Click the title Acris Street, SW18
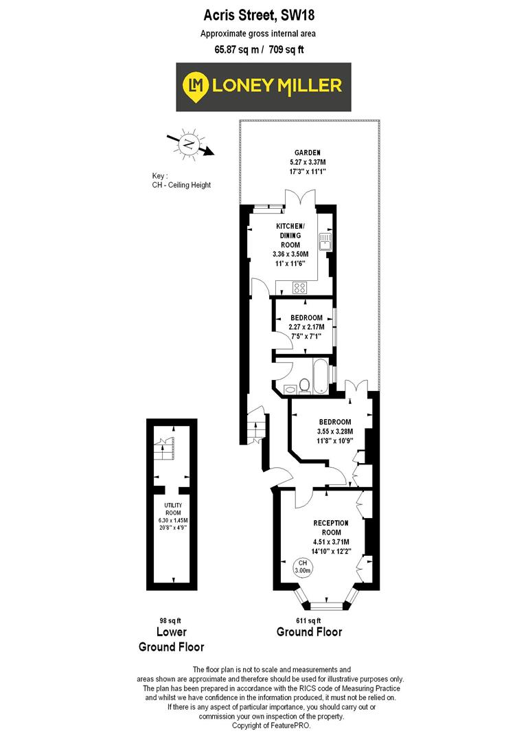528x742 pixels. coord(264,14)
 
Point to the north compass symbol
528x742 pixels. coord(188,144)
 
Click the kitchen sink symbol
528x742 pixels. coord(324,240)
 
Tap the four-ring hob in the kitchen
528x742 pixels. coord(300,287)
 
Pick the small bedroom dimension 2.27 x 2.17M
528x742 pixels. coord(306,326)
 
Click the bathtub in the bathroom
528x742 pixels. coord(321,376)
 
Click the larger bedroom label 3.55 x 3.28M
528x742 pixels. coord(334,431)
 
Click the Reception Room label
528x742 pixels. coord(331,527)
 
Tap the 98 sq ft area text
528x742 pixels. coord(171,620)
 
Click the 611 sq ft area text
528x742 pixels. coord(308,620)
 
